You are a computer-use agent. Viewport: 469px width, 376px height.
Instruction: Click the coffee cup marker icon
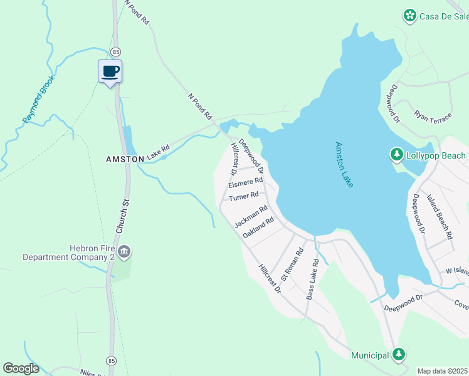click(x=110, y=71)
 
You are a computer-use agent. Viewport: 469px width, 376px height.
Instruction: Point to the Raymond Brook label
click(x=39, y=99)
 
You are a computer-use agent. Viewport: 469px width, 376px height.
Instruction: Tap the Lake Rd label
click(x=159, y=150)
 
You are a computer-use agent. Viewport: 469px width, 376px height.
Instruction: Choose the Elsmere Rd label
click(x=245, y=182)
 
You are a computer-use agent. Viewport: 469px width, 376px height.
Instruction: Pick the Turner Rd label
click(x=243, y=197)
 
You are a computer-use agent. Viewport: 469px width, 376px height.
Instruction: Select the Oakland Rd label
click(x=258, y=227)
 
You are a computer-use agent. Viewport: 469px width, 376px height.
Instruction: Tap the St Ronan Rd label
click(x=292, y=264)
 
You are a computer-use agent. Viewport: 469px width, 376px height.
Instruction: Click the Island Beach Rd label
click(x=440, y=217)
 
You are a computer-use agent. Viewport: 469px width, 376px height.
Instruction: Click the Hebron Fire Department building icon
click(x=124, y=252)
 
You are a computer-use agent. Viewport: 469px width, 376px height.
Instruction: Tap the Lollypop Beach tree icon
click(x=396, y=154)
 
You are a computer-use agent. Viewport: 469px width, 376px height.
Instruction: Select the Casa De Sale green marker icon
click(x=409, y=14)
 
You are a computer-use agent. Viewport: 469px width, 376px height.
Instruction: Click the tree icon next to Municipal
click(x=399, y=355)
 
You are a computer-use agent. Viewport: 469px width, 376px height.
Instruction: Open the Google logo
click(x=21, y=368)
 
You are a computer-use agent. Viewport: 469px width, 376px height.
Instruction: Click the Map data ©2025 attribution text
click(x=442, y=371)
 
